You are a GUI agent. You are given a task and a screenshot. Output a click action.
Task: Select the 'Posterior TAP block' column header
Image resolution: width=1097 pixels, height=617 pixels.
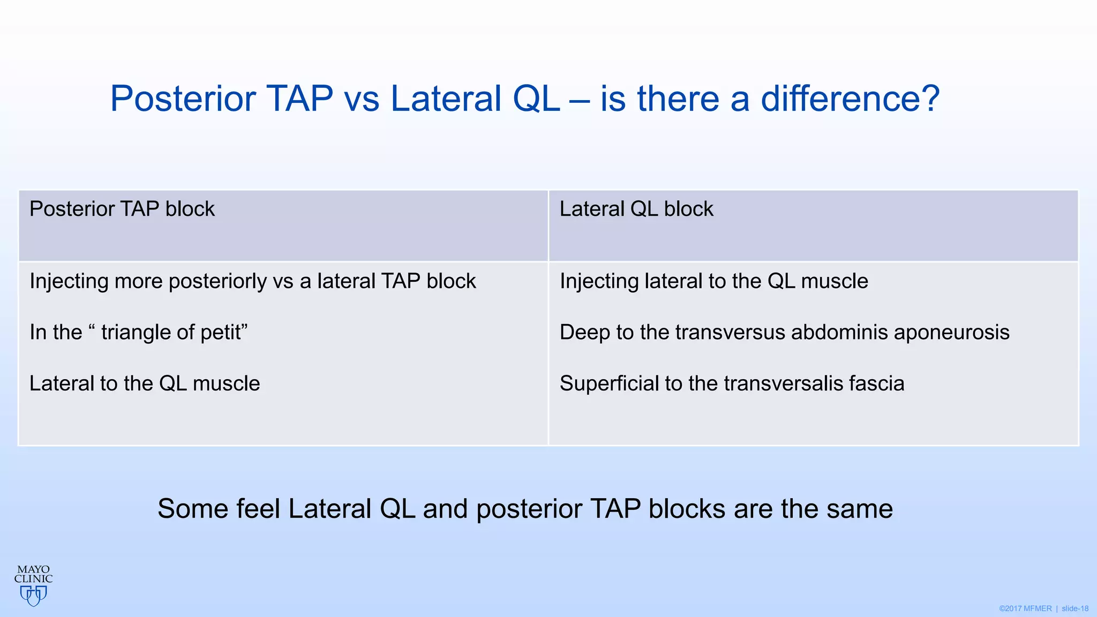pyautogui.click(x=122, y=209)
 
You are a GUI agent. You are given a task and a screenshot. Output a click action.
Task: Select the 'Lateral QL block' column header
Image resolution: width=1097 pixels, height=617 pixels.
pyautogui.click(x=636, y=209)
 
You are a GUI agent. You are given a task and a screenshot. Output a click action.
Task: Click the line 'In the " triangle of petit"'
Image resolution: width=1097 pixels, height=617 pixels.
pyautogui.click(x=138, y=332)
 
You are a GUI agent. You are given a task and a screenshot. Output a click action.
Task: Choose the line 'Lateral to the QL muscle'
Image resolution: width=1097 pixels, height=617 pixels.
pyautogui.click(x=145, y=383)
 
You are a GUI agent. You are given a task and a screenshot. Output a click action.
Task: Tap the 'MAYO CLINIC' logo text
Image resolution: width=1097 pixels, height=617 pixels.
pyautogui.click(x=33, y=574)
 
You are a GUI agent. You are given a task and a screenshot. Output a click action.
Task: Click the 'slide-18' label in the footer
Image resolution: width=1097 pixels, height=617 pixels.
pyautogui.click(x=1075, y=608)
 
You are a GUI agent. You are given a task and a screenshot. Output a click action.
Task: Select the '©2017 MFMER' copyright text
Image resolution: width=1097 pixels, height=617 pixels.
pyautogui.click(x=1025, y=608)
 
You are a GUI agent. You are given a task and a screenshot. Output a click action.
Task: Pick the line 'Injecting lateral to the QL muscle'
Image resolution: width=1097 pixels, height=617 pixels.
pyautogui.click(x=713, y=281)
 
